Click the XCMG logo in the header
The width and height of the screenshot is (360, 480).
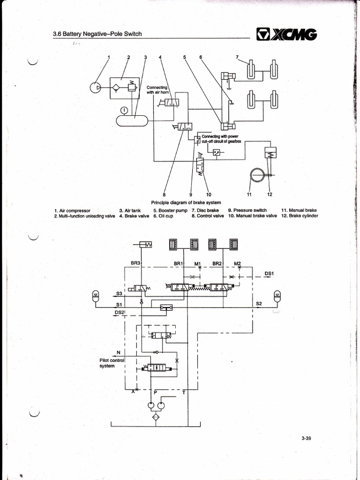pyautogui.click(x=286, y=34)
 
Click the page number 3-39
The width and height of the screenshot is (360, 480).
pyautogui.click(x=307, y=438)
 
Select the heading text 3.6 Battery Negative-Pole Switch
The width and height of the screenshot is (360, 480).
pyautogui.click(x=98, y=34)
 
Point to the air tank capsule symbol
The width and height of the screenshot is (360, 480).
pyautogui.click(x=132, y=120)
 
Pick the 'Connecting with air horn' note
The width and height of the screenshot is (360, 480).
pyautogui.click(x=157, y=90)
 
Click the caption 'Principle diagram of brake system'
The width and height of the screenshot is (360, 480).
pyautogui.click(x=179, y=202)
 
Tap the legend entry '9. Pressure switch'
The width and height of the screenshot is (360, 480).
pyautogui.click(x=247, y=210)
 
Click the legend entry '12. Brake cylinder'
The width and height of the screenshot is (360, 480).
pyautogui.click(x=300, y=216)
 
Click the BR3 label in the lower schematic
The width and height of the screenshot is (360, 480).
pyautogui.click(x=135, y=263)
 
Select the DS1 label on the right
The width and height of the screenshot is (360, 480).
pyautogui.click(x=269, y=273)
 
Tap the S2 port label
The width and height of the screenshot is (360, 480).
pyautogui.click(x=259, y=303)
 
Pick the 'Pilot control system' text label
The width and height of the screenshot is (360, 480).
pyautogui.click(x=111, y=363)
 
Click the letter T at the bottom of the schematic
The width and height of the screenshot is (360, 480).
pyautogui.click(x=183, y=393)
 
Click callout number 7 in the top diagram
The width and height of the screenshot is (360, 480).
pyautogui.click(x=238, y=57)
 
